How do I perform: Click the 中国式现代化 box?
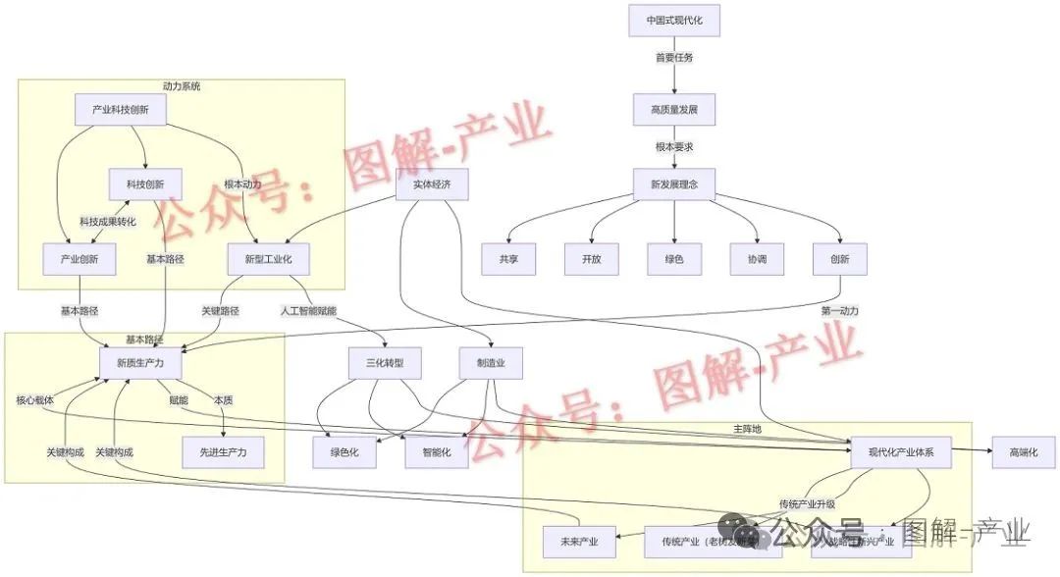(x=674, y=21)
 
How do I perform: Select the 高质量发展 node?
(x=674, y=109)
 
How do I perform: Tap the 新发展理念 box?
(x=674, y=184)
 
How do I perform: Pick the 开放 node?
(x=591, y=260)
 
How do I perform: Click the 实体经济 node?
(x=432, y=184)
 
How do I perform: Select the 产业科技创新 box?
(x=120, y=110)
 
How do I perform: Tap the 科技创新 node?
(x=145, y=184)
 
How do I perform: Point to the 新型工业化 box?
(x=254, y=259)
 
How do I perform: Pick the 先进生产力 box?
(x=224, y=451)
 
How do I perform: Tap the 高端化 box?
(x=1024, y=451)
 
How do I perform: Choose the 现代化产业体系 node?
(x=901, y=452)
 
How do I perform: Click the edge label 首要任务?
(x=674, y=58)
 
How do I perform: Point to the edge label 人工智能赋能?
(x=308, y=311)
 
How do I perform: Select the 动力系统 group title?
(x=182, y=86)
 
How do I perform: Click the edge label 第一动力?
(x=840, y=311)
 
